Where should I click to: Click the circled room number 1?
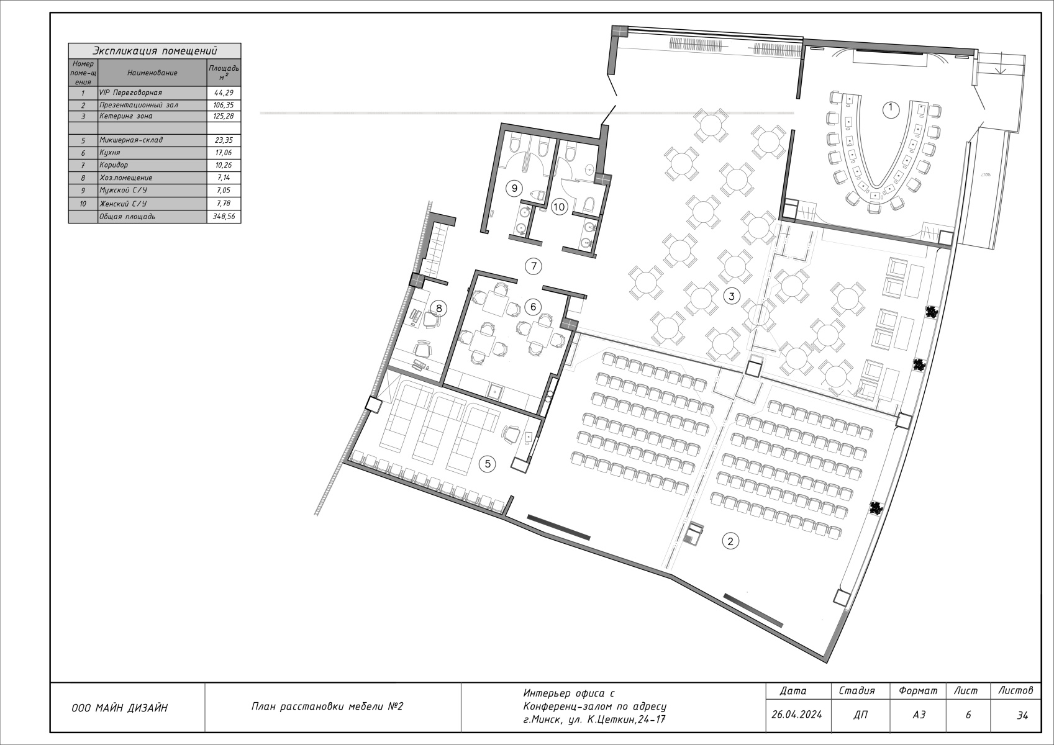pos(890,110)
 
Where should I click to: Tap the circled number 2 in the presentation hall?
pos(730,541)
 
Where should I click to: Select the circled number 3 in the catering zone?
pos(731,296)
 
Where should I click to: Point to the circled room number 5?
pos(488,464)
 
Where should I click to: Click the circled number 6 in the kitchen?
pos(533,307)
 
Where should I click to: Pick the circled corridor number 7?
pos(534,266)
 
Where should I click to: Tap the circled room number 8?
pos(439,309)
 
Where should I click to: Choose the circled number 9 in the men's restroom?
pos(514,189)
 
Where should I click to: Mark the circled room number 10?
pos(559,207)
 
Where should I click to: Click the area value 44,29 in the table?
pos(224,93)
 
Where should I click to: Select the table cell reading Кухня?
pos(110,153)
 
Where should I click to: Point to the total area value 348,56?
pos(224,217)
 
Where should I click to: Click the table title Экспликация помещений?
pos(155,51)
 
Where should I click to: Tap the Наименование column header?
pos(152,73)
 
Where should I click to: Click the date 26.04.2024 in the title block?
pos(797,715)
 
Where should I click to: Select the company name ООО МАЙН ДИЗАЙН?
pos(119,708)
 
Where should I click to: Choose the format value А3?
pos(919,715)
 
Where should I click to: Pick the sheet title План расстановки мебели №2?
pos(327,707)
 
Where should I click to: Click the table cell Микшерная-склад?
pos(131,140)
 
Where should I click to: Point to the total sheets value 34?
pos(1022,715)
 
